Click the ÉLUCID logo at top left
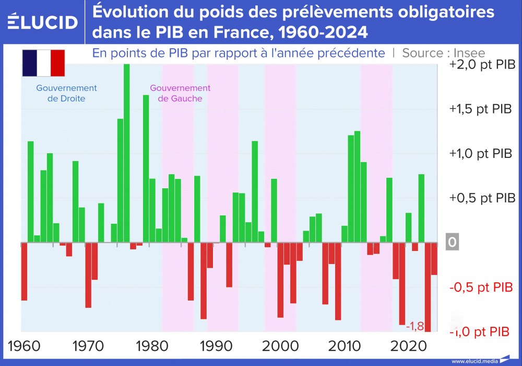pos(43,21)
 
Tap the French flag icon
pos(43,63)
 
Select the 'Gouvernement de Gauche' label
pos(180,93)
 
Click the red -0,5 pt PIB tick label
pos(481,288)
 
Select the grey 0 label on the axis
pos(452,243)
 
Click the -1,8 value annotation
pos(415,326)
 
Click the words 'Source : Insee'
pos(444,53)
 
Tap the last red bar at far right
pos(434,259)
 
